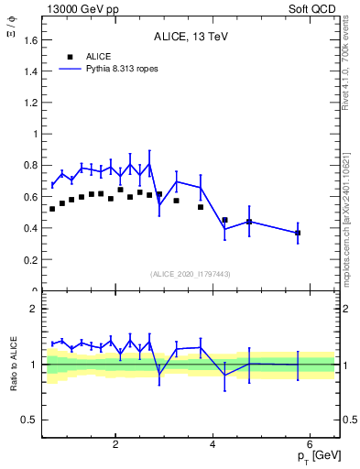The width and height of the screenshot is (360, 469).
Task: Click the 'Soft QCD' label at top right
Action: (x=316, y=8)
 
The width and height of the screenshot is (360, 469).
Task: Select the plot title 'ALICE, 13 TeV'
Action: (x=191, y=38)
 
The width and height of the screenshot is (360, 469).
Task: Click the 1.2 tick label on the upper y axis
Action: (x=33, y=103)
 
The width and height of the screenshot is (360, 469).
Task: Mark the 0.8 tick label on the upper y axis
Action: (x=33, y=166)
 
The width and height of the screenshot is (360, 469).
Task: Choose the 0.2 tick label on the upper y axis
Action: (x=33, y=260)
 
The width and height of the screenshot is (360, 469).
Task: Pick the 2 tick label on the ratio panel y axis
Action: (x=37, y=309)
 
